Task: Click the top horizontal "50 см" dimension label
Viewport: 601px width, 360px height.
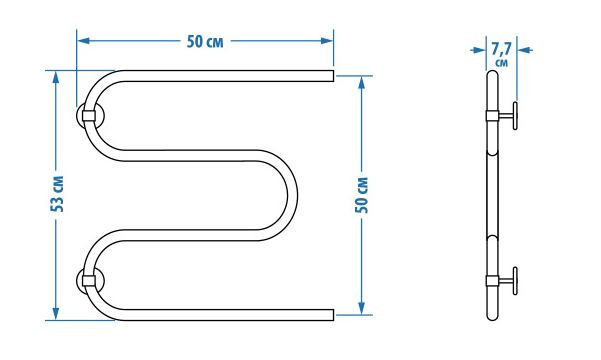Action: (205, 41)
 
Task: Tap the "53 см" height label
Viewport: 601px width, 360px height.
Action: (57, 194)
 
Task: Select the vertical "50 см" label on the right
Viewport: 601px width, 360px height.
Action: (361, 195)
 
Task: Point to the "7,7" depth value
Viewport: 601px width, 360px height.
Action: (501, 49)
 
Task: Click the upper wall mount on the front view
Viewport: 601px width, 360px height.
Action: (90, 115)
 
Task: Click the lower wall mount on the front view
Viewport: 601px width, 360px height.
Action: (90, 280)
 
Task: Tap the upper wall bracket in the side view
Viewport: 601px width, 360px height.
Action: (502, 115)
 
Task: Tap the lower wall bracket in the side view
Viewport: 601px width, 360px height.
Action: (502, 281)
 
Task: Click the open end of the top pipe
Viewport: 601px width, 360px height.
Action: (333, 76)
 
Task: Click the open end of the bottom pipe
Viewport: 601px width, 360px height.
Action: (333, 315)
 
